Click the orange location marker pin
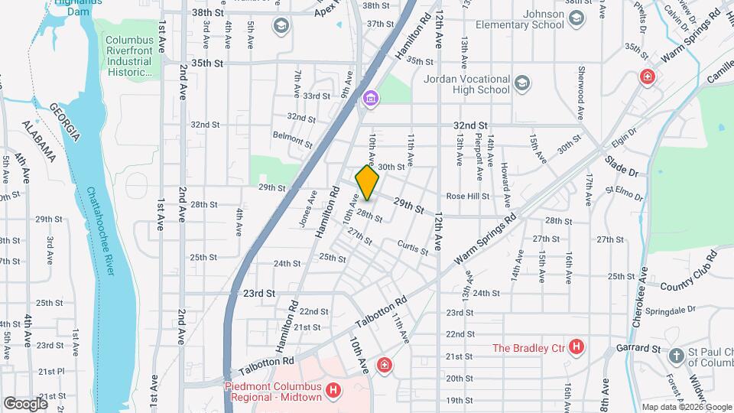[368, 183]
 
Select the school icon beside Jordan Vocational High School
[522, 83]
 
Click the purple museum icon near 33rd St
[371, 98]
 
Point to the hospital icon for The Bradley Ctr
[576, 348]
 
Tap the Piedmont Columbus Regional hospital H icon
[333, 391]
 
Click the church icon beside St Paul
[676, 356]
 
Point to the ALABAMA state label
[37, 141]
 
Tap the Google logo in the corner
[24, 403]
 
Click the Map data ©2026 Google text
[686, 407]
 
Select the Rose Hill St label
[467, 196]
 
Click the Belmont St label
[294, 138]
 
